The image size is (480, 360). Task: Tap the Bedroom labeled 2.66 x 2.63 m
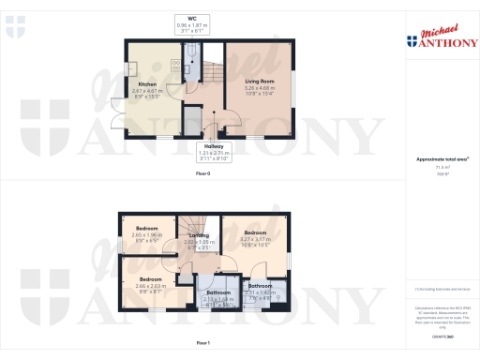pyautogui.click(x=151, y=278)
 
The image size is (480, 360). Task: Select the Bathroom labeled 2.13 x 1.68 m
pyautogui.click(x=218, y=292)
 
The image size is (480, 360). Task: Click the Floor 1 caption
pyautogui.click(x=202, y=344)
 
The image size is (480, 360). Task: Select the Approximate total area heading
pyautogui.click(x=438, y=159)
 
